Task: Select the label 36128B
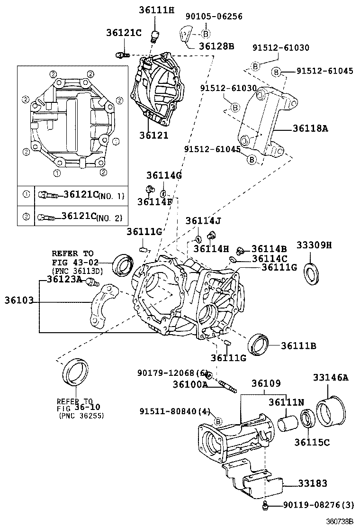click(216, 46)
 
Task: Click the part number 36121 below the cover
click(153, 136)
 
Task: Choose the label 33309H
click(314, 245)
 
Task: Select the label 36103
click(19, 300)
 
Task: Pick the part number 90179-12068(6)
click(172, 373)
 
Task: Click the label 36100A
click(190, 384)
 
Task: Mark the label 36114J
click(203, 221)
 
